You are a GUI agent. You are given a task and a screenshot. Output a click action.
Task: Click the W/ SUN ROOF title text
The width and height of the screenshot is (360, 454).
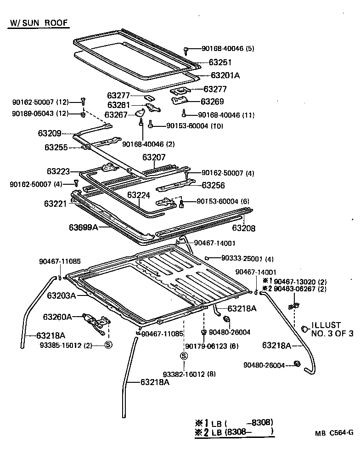click(x=39, y=23)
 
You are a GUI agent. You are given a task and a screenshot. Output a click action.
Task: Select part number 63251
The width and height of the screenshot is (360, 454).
click(x=220, y=62)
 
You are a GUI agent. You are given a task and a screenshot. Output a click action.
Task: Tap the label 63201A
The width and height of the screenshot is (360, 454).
click(x=225, y=75)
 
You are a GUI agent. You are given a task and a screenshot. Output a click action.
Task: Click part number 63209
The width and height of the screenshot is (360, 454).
click(x=50, y=134)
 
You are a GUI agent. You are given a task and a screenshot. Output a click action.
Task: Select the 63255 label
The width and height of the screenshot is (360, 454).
click(x=56, y=148)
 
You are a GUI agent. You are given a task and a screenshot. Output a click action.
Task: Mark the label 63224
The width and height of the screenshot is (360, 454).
click(x=139, y=195)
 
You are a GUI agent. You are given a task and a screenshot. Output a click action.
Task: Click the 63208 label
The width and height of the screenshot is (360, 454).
click(x=243, y=228)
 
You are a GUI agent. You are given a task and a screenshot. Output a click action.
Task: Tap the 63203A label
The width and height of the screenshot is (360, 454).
click(x=62, y=295)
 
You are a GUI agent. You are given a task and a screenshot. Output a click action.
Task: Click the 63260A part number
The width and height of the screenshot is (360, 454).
click(x=57, y=317)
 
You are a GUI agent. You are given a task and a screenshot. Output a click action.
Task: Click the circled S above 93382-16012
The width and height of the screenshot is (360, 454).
click(x=183, y=356)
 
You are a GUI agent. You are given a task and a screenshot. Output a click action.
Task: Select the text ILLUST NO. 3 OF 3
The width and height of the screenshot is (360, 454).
click(x=332, y=329)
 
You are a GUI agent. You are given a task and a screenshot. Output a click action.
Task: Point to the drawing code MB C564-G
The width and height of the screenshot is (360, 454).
click(x=334, y=432)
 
